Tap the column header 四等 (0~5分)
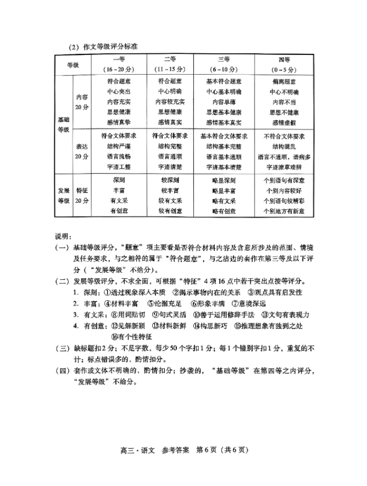(x=283, y=64)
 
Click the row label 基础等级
(x=64, y=124)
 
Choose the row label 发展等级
(x=64, y=195)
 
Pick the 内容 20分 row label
(x=82, y=102)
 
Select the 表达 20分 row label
(x=82, y=151)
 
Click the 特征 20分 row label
(x=82, y=195)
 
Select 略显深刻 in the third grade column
(x=223, y=180)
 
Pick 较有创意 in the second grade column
(x=170, y=211)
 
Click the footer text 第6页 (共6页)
(x=219, y=449)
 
